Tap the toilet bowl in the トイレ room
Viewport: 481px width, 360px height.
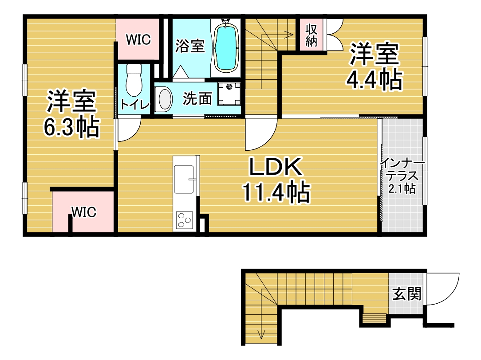(134, 81)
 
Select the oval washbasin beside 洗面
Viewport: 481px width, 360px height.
(164, 99)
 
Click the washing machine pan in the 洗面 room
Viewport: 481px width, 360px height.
(229, 94)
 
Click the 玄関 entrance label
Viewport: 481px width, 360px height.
(407, 293)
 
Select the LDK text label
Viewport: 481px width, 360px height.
(276, 167)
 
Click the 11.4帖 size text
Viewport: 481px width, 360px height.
(276, 192)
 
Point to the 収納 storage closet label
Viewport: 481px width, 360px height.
(311, 35)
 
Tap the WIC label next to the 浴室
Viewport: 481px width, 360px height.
(138, 39)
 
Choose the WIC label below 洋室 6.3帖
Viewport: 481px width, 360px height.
(84, 212)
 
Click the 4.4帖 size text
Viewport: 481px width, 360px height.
(374, 80)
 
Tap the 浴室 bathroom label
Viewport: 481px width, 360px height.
(190, 46)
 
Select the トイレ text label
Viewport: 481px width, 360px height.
(135, 105)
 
